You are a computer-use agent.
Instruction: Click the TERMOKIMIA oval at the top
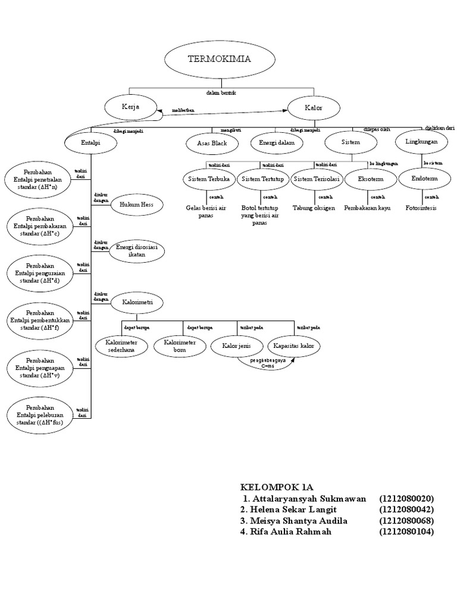tap(220, 60)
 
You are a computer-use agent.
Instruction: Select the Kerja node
tap(130, 107)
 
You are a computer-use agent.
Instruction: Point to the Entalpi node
tap(90, 143)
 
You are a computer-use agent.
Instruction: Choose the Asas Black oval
tap(212, 144)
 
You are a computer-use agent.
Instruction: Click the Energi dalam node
tap(277, 144)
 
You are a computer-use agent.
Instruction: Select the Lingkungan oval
tap(421, 142)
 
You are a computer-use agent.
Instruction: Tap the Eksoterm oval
tap(371, 179)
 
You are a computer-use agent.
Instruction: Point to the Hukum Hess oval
tap(136, 204)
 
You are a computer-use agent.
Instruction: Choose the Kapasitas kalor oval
tap(293, 346)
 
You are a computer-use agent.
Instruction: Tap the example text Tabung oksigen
tap(314, 208)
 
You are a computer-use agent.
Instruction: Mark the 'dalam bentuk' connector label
tap(221, 94)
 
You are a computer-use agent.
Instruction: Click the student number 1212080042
tap(406, 509)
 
